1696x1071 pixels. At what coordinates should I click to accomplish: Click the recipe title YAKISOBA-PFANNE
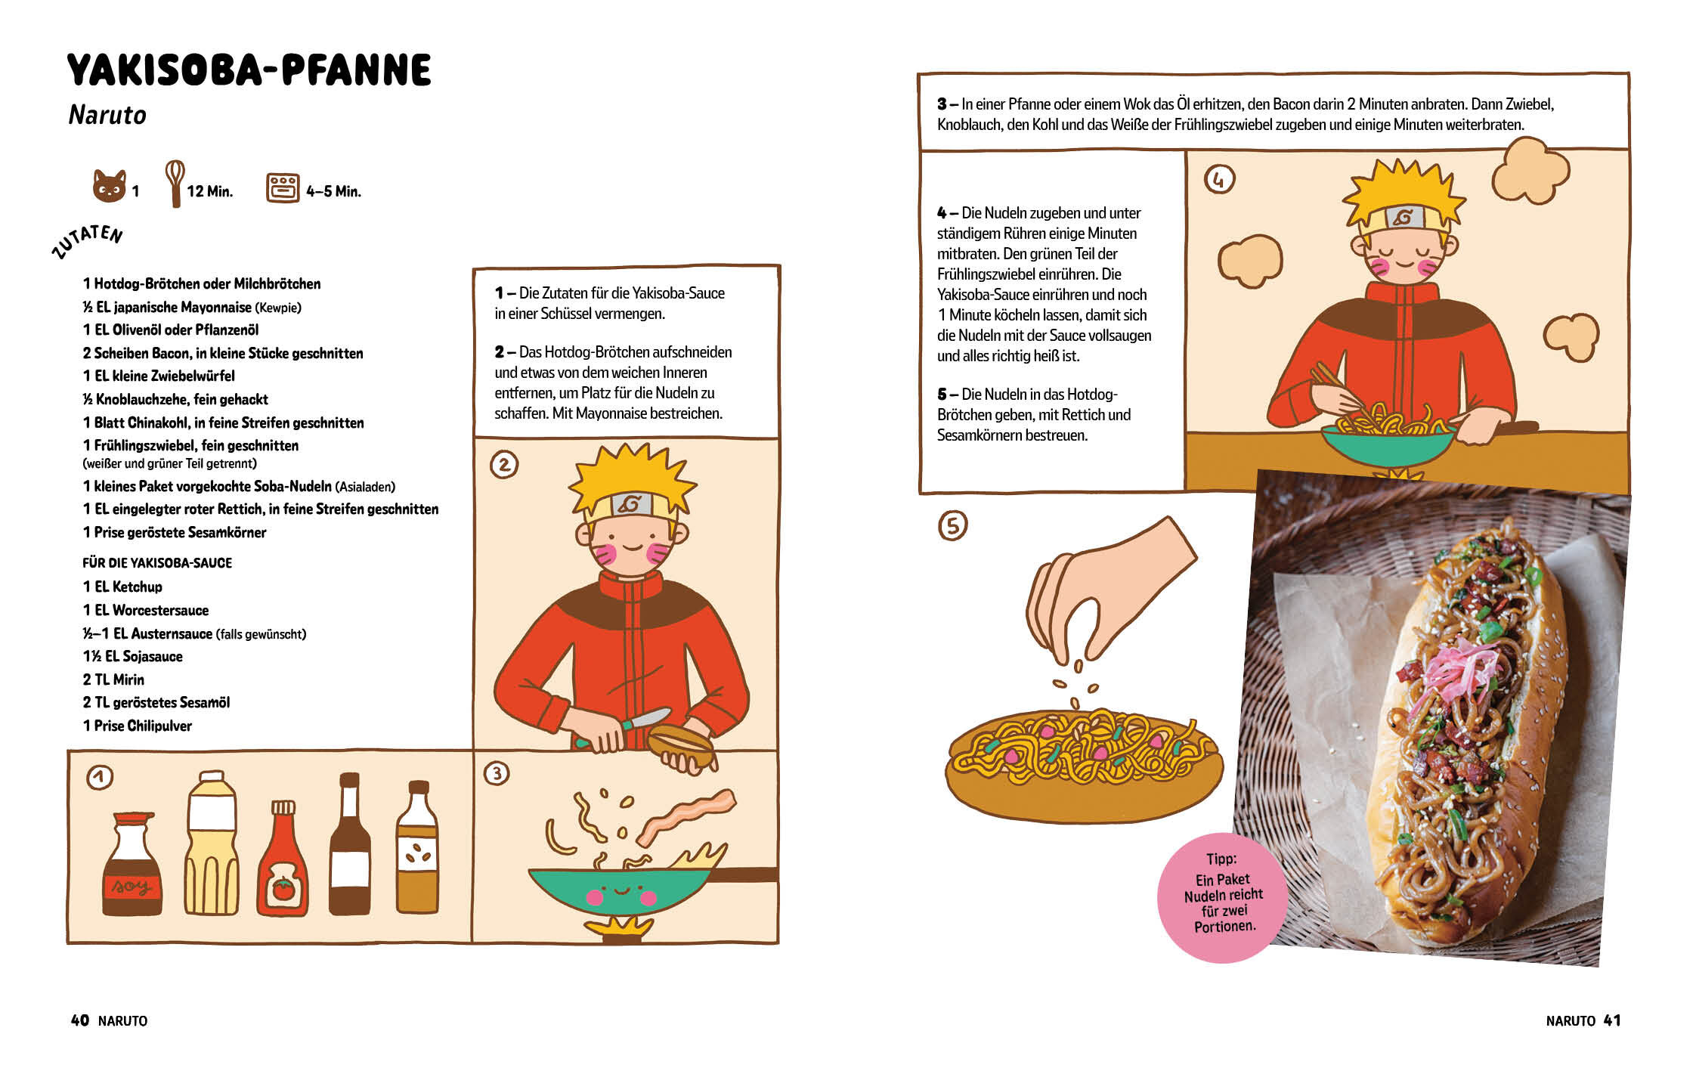[249, 70]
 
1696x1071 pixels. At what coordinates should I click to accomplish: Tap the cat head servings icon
[109, 186]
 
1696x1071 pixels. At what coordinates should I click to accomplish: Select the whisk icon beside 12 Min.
[175, 183]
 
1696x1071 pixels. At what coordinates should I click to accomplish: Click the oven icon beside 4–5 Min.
[283, 188]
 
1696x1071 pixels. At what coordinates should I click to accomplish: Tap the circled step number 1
[100, 777]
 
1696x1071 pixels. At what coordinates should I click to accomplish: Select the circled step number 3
[497, 773]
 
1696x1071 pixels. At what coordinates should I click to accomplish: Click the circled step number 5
[952, 525]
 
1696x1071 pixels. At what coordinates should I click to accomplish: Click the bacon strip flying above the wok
[685, 816]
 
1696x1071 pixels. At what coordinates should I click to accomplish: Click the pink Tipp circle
[1223, 897]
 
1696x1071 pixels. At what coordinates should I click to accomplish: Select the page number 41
[1612, 1020]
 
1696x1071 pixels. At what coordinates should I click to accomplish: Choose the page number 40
[79, 1020]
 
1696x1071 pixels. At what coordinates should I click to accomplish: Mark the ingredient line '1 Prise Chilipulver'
[137, 726]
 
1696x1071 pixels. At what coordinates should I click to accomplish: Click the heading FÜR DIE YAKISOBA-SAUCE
[157, 563]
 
